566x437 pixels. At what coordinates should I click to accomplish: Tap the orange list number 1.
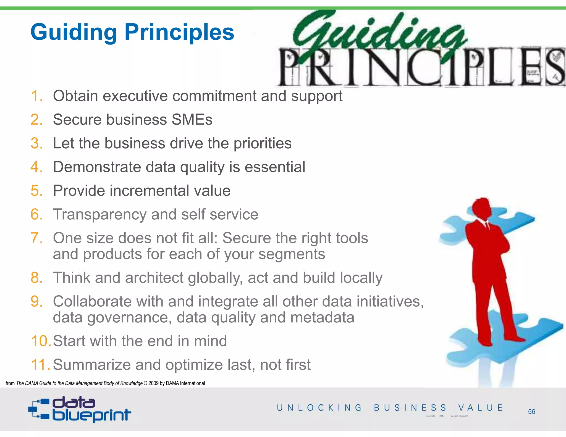click(36, 96)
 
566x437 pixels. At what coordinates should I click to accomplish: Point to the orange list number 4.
click(36, 167)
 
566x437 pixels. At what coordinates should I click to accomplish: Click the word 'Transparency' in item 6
click(100, 215)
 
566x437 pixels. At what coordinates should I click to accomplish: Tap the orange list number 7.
click(36, 238)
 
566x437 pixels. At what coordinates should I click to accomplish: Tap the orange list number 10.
click(40, 341)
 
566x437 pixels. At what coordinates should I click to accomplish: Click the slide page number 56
click(531, 412)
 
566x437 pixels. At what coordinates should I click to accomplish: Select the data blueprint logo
click(80, 409)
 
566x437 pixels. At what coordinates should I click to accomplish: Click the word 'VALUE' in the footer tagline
click(480, 408)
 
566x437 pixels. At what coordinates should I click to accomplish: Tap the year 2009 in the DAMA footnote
click(153, 383)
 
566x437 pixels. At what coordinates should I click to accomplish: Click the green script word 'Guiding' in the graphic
click(379, 33)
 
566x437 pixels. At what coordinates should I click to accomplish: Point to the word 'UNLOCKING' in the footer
click(319, 408)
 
